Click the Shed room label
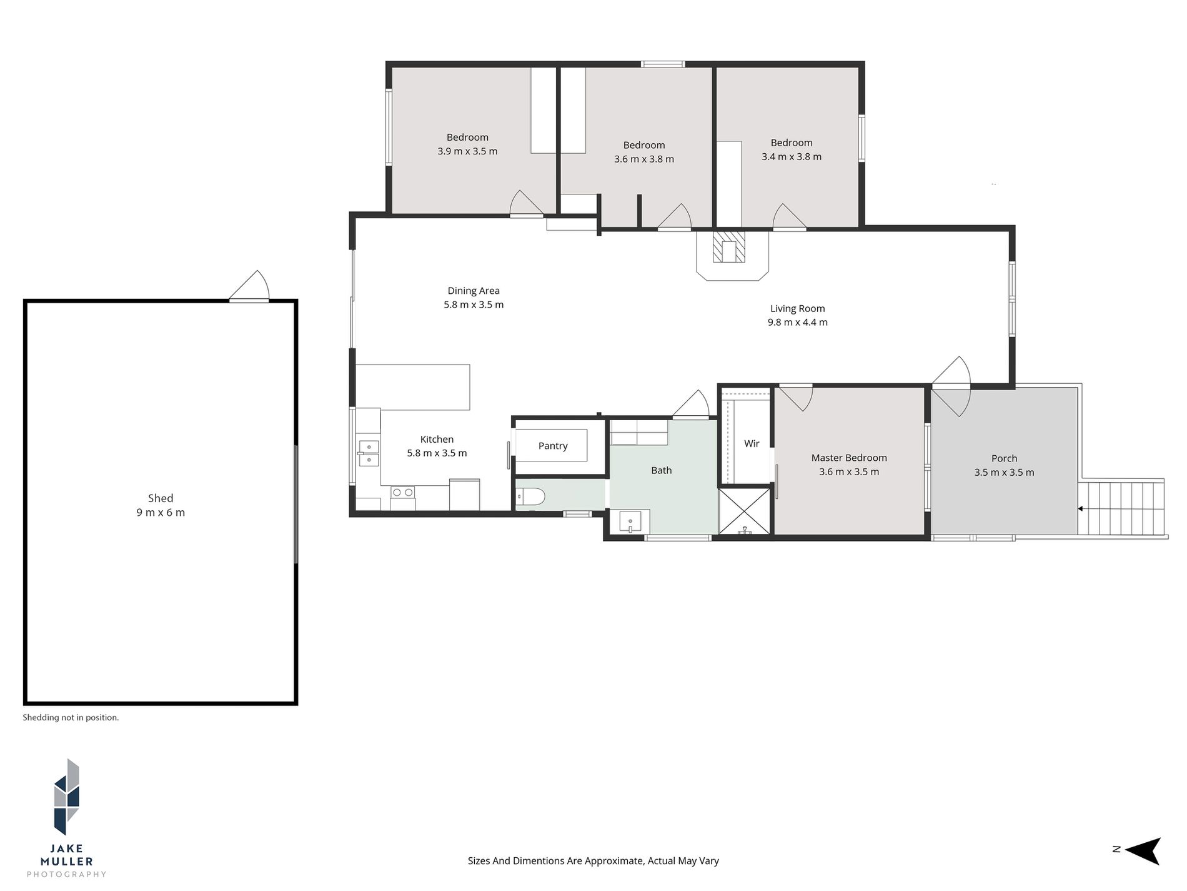coord(161,498)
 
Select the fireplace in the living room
coord(729,248)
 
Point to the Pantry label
coord(553,446)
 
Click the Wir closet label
coord(752,443)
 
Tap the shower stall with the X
coord(744,511)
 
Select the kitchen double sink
coord(368,453)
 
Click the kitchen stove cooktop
coord(402,492)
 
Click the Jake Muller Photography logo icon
coord(67,797)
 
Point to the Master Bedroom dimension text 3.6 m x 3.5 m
coord(849,472)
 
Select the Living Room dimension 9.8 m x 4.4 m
coord(797,323)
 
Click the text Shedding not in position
coord(71,718)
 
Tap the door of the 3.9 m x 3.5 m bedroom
coord(526,205)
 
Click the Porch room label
coord(1004,458)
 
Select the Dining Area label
coord(474,291)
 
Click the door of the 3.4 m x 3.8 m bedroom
coord(789,218)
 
